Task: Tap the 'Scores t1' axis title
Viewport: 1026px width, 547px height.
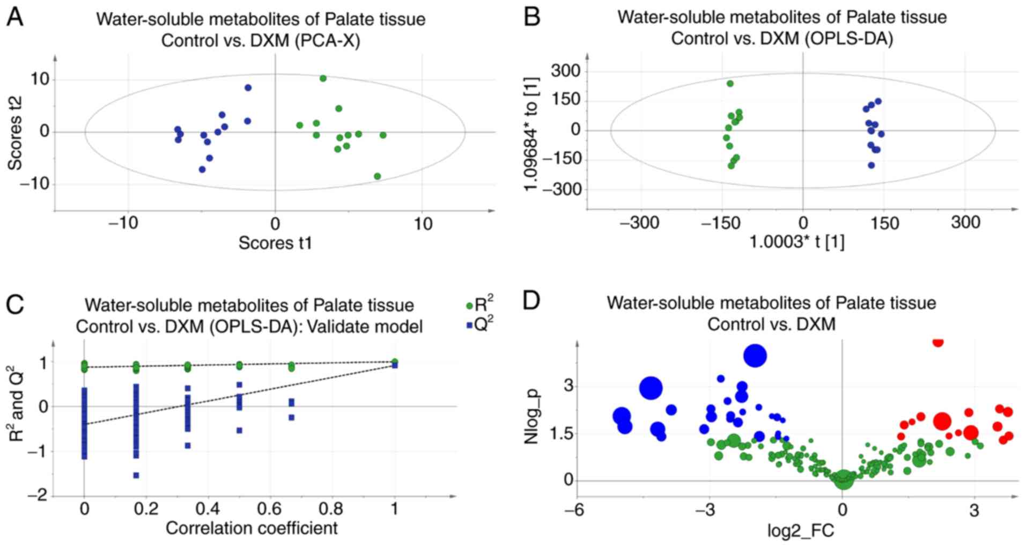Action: pyautogui.click(x=275, y=243)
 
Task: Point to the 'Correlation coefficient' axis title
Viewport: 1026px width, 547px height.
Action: pyautogui.click(x=252, y=528)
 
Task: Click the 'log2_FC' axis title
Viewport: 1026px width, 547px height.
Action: pyautogui.click(x=801, y=531)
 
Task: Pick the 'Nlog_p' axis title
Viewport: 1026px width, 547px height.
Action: pyautogui.click(x=532, y=418)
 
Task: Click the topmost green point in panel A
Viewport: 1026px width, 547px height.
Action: pyautogui.click(x=323, y=78)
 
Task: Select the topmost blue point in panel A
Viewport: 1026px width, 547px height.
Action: pyautogui.click(x=248, y=87)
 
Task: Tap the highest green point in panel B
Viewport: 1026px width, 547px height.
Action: pyautogui.click(x=730, y=84)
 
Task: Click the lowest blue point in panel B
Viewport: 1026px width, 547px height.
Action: pyautogui.click(x=872, y=165)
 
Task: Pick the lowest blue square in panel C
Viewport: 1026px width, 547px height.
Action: pyautogui.click(x=136, y=475)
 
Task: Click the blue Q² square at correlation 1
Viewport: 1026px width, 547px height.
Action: pyautogui.click(x=395, y=365)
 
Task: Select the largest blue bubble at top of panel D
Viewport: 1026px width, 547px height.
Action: pyautogui.click(x=755, y=356)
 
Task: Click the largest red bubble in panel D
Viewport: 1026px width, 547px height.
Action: pyautogui.click(x=942, y=422)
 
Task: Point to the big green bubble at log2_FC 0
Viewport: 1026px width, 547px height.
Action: pyautogui.click(x=843, y=479)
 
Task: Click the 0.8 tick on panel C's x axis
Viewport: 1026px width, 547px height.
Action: pyautogui.click(x=332, y=508)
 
